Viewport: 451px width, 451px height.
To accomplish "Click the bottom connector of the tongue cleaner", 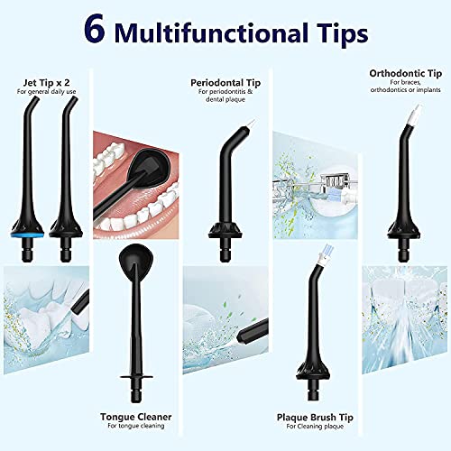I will pyautogui.click(x=136, y=392).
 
